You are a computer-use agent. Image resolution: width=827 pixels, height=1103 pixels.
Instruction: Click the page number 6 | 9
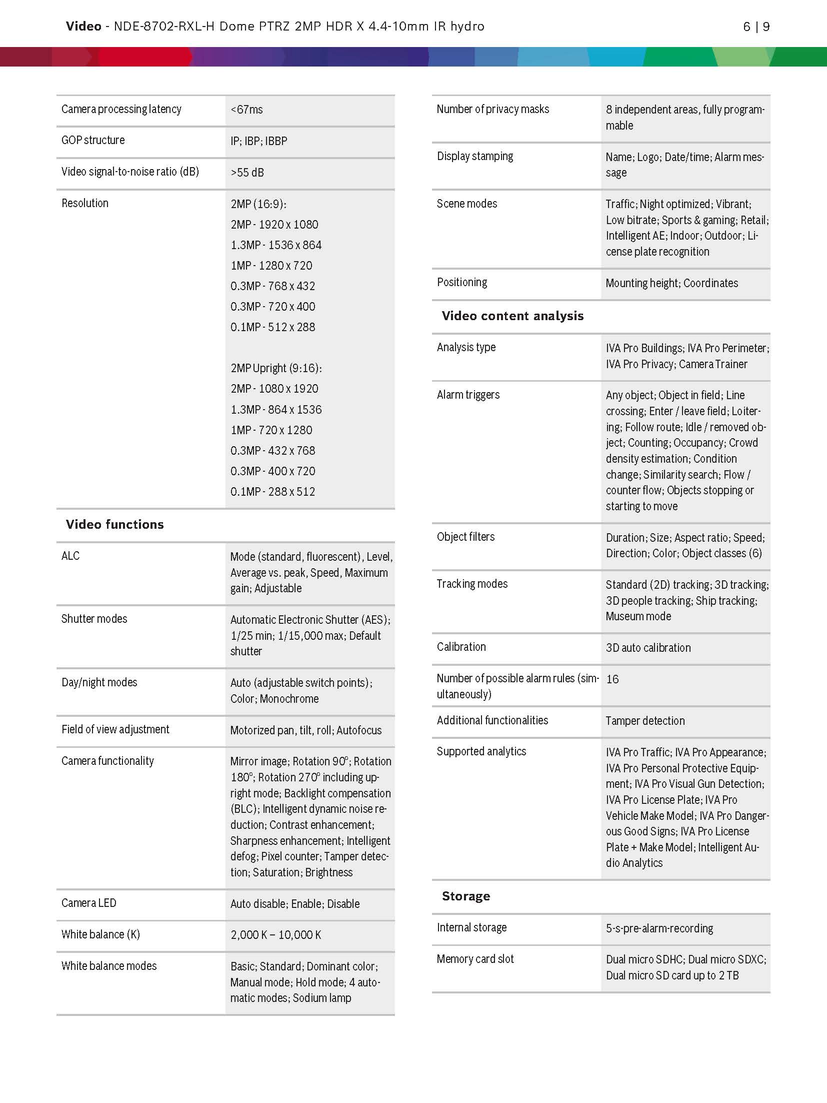point(756,27)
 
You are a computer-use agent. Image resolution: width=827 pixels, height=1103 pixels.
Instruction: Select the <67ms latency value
point(246,110)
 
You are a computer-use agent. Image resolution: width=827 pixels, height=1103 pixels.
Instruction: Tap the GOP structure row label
point(93,141)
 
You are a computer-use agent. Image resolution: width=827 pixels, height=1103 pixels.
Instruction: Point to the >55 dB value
point(247,173)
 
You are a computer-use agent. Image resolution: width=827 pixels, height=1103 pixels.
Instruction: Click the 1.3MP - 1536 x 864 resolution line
point(275,245)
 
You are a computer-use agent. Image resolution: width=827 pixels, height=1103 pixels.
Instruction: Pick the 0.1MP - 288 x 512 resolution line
point(272,492)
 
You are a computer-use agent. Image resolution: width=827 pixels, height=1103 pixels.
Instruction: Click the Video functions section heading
point(114,524)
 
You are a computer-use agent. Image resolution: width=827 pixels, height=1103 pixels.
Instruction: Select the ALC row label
point(70,556)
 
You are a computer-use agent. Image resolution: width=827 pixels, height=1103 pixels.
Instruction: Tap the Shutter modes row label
point(94,619)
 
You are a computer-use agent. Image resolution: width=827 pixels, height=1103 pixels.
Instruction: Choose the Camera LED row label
point(88,903)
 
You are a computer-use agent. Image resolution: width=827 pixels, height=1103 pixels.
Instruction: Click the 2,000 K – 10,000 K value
point(275,934)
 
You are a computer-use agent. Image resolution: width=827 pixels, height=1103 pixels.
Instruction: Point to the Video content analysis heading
point(512,316)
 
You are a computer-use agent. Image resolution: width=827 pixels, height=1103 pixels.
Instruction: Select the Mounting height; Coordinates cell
point(671,283)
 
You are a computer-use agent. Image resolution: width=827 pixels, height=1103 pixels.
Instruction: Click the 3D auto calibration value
point(648,648)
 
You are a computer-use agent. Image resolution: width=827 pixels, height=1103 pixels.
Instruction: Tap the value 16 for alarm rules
point(612,679)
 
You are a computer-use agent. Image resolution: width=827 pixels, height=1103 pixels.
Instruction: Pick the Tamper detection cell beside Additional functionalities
point(645,721)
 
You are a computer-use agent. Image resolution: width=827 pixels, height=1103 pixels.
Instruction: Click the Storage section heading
point(465,896)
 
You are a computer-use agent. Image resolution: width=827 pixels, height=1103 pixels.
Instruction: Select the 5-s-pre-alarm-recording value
point(659,928)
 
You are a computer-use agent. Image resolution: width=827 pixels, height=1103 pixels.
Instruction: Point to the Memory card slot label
point(475,959)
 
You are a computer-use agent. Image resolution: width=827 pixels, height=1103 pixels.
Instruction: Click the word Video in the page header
point(83,27)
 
